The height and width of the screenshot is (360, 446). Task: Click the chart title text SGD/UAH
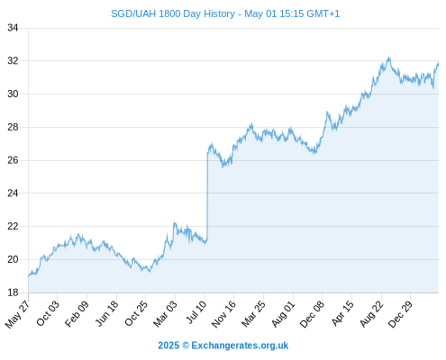[x=133, y=14]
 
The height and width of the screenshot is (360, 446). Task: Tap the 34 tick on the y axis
[x=13, y=28]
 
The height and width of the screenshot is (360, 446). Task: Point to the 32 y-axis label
[x=13, y=61]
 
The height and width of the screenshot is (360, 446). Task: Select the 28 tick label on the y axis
[x=13, y=127]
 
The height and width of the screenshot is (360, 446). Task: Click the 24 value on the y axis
[x=13, y=193]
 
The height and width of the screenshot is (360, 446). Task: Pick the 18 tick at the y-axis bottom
[x=13, y=292]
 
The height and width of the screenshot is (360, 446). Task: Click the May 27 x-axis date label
[x=18, y=314]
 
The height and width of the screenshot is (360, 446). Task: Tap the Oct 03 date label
[x=48, y=313]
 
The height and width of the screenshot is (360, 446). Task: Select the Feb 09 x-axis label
[x=77, y=313]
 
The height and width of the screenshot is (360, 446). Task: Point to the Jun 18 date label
[x=107, y=313]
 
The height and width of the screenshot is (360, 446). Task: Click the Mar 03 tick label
[x=166, y=314]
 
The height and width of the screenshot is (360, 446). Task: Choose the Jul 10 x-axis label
[x=196, y=312]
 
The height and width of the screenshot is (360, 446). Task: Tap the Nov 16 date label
[x=224, y=314]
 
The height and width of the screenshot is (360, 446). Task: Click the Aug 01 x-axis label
[x=284, y=314]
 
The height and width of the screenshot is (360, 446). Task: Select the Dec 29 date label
[x=401, y=314]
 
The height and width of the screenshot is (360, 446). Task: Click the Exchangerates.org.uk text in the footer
[x=240, y=346]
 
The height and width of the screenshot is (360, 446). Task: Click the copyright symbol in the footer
[x=186, y=346]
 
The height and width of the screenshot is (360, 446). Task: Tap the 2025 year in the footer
[x=168, y=346]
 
